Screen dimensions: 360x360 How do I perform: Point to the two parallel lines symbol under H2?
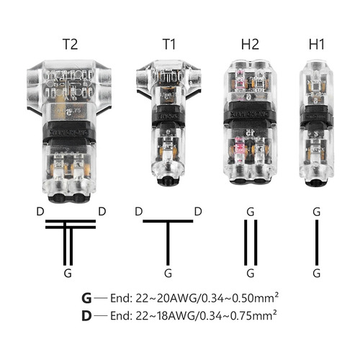(x=250, y=242)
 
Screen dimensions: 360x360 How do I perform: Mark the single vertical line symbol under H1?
(x=316, y=242)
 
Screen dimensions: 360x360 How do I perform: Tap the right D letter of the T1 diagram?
(x=197, y=211)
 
